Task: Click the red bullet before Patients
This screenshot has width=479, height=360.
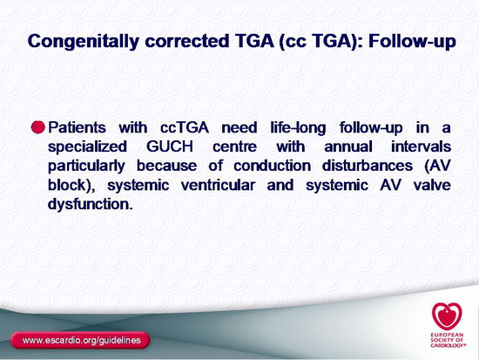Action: (x=38, y=127)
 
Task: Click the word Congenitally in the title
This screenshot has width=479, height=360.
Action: (x=84, y=41)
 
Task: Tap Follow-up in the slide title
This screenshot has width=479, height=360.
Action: (x=412, y=42)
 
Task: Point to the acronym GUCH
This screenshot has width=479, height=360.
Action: (x=170, y=146)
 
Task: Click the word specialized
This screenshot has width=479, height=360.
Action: (x=87, y=147)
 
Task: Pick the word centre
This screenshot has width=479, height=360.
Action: (x=234, y=146)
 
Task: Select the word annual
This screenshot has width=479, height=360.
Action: (x=348, y=146)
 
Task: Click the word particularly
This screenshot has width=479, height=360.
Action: (x=86, y=166)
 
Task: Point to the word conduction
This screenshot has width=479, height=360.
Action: (x=273, y=166)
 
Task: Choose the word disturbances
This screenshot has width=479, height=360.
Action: (x=368, y=166)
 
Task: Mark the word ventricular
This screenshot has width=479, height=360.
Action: (x=218, y=186)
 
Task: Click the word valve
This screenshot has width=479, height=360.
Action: (x=432, y=186)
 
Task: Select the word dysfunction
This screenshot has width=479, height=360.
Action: (x=91, y=205)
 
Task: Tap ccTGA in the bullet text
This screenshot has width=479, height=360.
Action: (x=185, y=127)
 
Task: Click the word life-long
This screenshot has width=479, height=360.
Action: (x=298, y=128)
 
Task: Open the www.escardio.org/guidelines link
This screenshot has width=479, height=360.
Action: (x=81, y=340)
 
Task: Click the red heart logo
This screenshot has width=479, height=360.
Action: (x=447, y=316)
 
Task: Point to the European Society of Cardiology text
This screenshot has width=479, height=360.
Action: (x=449, y=340)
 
